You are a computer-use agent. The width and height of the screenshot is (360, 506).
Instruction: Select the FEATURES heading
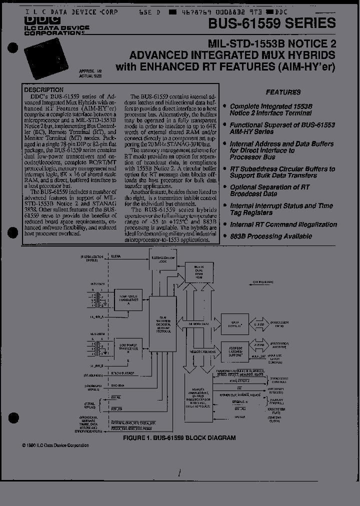click(283, 92)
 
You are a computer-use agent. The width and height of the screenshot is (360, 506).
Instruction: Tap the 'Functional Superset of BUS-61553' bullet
click(282, 128)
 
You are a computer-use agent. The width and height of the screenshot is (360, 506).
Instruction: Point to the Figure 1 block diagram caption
click(179, 437)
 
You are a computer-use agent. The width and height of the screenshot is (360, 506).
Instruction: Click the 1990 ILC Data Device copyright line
click(55, 445)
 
